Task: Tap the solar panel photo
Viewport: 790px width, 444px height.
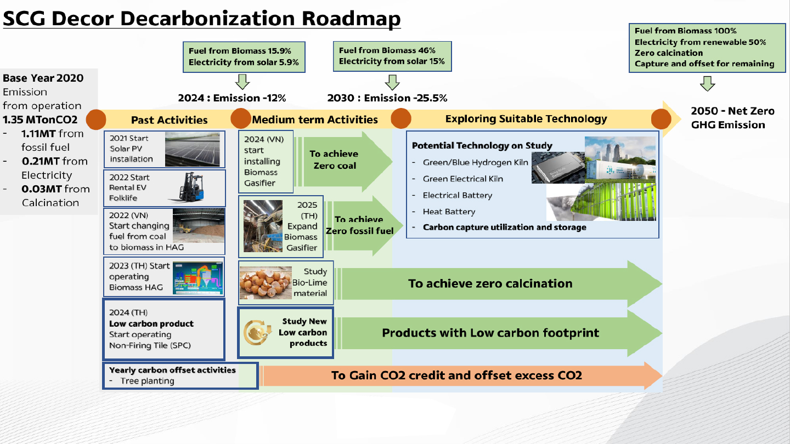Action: [x=193, y=149]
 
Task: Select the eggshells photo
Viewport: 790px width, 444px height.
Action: [x=266, y=283]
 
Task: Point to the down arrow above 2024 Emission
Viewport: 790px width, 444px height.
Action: [x=242, y=82]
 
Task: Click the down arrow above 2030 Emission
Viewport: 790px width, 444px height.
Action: [x=392, y=82]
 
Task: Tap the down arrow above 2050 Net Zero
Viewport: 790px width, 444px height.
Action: [x=708, y=83]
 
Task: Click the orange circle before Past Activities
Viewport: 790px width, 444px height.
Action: [x=96, y=119]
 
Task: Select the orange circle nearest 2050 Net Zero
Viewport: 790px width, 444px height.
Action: [x=661, y=119]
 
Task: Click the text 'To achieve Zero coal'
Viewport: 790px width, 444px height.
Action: [x=334, y=160]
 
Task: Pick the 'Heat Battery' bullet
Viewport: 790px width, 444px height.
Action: [x=449, y=212]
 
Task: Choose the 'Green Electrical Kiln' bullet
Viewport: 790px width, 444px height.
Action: [x=462, y=179]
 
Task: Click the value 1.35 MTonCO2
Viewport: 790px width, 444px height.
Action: [x=40, y=120]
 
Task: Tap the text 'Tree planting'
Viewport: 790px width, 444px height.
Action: [x=147, y=381]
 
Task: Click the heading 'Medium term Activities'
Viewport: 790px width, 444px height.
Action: [x=314, y=120]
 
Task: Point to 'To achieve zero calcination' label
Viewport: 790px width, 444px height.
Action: [x=490, y=284]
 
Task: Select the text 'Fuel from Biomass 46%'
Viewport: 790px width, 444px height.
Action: [x=387, y=50]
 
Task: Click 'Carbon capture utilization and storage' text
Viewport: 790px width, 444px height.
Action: [x=504, y=227]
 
